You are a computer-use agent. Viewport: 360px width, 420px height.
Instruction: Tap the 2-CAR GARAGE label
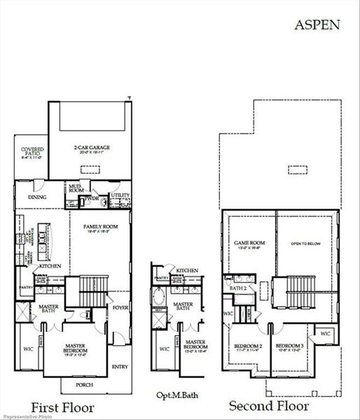click(x=93, y=148)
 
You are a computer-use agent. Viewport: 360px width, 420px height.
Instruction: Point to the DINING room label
click(x=37, y=197)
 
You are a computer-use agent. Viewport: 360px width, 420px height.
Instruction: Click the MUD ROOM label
click(x=75, y=188)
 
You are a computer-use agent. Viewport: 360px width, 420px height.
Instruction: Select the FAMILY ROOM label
click(x=100, y=227)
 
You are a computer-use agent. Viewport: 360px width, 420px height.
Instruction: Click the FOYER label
click(x=120, y=306)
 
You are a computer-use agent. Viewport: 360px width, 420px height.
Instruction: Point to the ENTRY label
click(x=120, y=365)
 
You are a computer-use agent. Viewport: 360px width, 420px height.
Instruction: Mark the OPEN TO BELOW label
click(x=305, y=244)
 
